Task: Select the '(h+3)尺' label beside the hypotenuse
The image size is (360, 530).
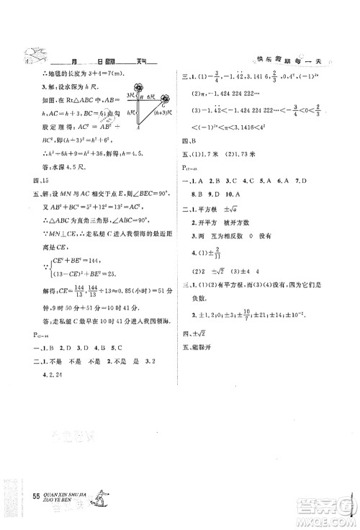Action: pyautogui.click(x=162, y=119)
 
